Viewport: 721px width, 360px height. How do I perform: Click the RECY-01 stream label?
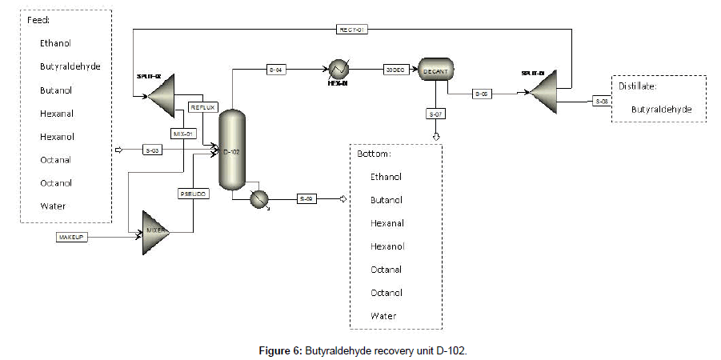click(351, 30)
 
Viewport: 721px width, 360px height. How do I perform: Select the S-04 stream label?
click(278, 70)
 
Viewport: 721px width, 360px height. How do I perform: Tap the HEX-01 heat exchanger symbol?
click(339, 70)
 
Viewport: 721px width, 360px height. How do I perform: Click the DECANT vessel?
click(436, 70)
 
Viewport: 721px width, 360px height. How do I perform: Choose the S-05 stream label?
click(481, 94)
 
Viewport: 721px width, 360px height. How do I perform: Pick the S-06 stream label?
click(603, 101)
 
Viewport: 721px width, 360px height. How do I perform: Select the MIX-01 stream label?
click(184, 133)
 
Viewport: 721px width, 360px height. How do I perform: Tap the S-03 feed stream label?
click(151, 149)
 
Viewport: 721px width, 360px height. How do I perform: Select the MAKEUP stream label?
click(71, 237)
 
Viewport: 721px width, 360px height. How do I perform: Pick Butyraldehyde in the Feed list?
click(70, 66)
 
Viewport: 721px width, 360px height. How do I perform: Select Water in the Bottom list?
click(383, 316)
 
